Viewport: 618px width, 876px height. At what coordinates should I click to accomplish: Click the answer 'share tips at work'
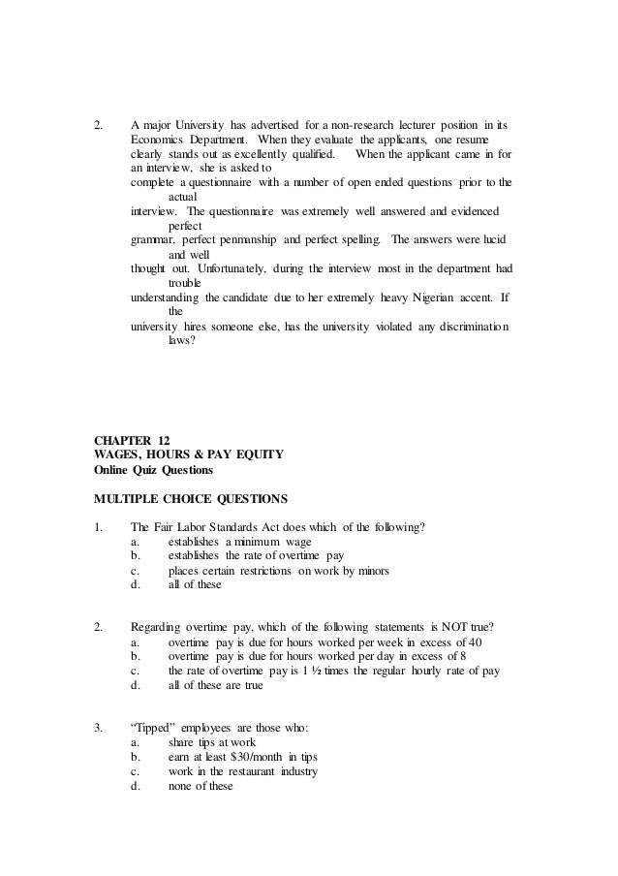(201, 742)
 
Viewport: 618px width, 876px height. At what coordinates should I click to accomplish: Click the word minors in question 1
(371, 571)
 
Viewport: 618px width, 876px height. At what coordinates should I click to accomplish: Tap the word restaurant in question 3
(232, 771)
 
